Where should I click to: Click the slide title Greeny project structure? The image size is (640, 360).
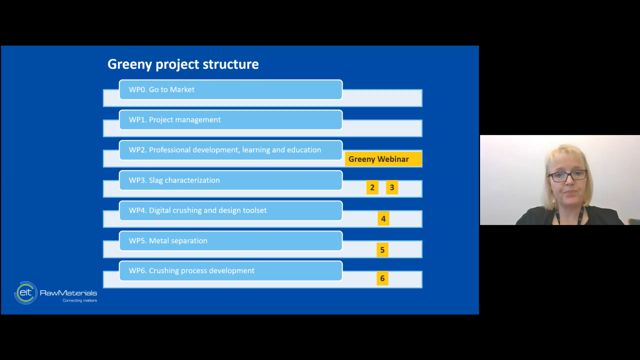[x=183, y=64]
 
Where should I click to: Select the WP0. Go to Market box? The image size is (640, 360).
[x=231, y=90]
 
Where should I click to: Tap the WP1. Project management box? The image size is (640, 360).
[x=231, y=120]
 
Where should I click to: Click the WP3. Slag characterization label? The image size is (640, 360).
[x=174, y=180]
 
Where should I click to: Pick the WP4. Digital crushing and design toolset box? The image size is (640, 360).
[x=231, y=211]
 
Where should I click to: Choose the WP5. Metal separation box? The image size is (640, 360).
[x=231, y=241]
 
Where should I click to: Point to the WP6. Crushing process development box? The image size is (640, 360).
[x=231, y=271]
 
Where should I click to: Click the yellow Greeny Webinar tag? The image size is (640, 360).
[x=383, y=159]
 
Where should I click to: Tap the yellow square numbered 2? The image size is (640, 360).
[x=372, y=188]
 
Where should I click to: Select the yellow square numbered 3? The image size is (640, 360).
[x=392, y=188]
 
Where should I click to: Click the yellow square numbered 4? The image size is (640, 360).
[x=383, y=219]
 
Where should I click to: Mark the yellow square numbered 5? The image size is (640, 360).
[x=382, y=250]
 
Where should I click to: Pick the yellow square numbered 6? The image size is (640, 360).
[x=382, y=278]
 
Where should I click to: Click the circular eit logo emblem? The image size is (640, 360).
[x=26, y=293]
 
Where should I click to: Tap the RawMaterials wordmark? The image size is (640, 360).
[x=68, y=293]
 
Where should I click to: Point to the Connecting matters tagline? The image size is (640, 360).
[x=80, y=301]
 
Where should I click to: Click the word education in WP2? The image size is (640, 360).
[x=304, y=150]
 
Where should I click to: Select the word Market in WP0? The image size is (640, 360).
[x=182, y=90]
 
